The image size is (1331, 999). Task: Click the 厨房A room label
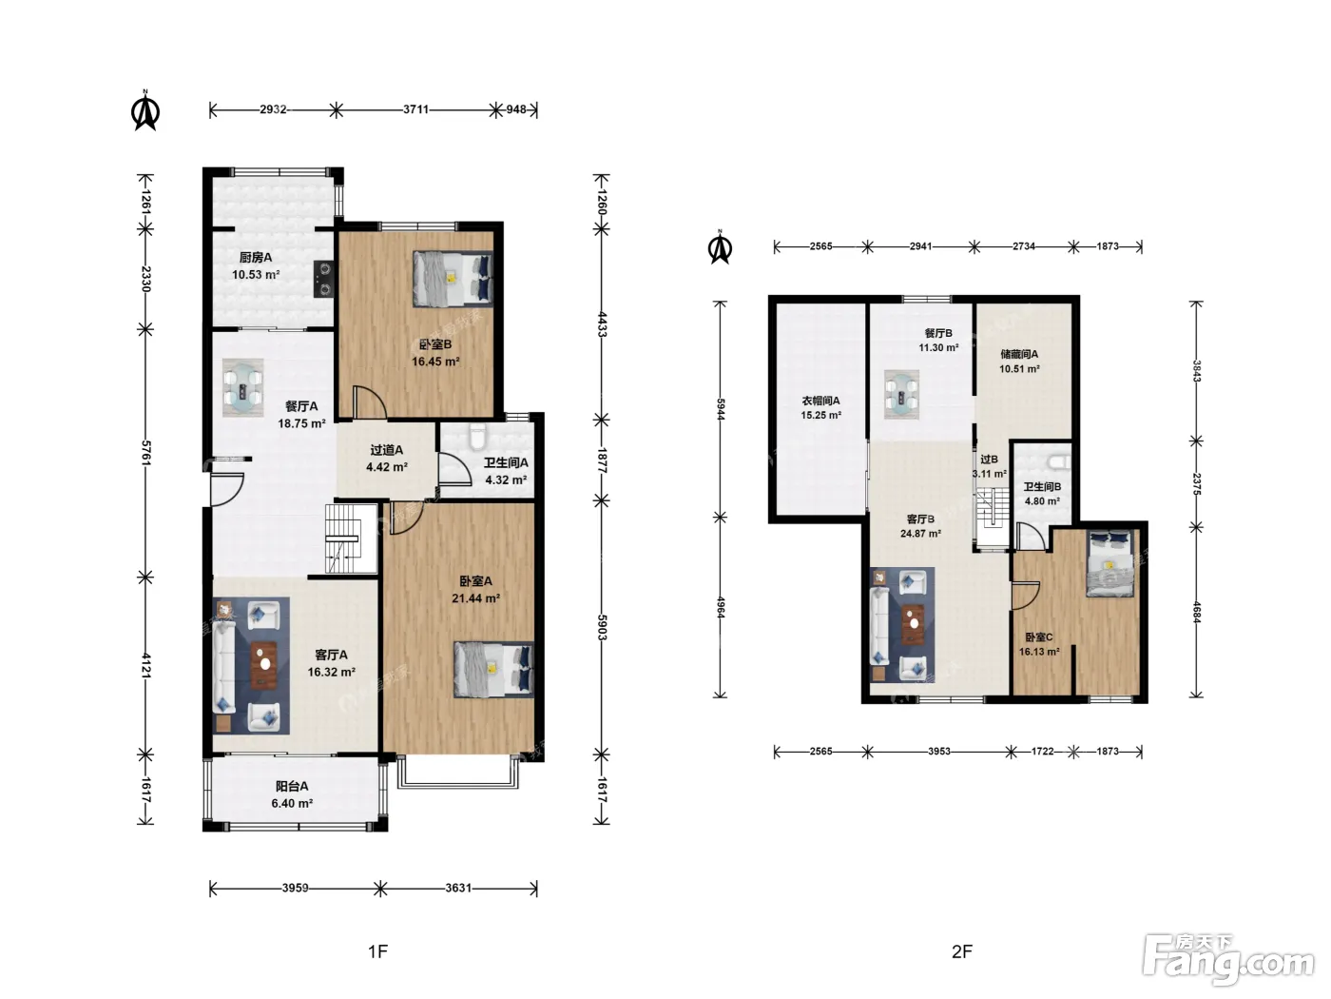point(256,258)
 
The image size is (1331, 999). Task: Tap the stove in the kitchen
point(324,279)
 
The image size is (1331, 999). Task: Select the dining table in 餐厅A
point(242,387)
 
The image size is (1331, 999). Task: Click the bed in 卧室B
point(453,279)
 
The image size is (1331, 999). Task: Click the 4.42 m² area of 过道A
point(387,467)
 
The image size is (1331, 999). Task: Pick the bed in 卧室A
point(493,670)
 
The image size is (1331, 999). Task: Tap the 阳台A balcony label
point(292,786)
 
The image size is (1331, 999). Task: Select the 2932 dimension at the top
point(273,109)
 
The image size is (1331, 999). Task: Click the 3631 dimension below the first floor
point(458,888)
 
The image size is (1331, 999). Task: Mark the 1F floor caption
point(377,951)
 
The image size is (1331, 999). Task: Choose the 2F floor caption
point(962,951)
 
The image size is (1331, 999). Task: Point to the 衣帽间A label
point(821,401)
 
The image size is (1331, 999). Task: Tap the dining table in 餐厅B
point(901,395)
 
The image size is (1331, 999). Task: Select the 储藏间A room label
point(1019,354)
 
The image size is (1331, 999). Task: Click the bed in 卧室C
point(1109,563)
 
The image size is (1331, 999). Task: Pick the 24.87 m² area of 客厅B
point(920,534)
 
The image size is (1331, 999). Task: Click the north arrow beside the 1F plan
point(145,110)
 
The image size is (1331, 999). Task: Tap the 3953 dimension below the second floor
point(939,751)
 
